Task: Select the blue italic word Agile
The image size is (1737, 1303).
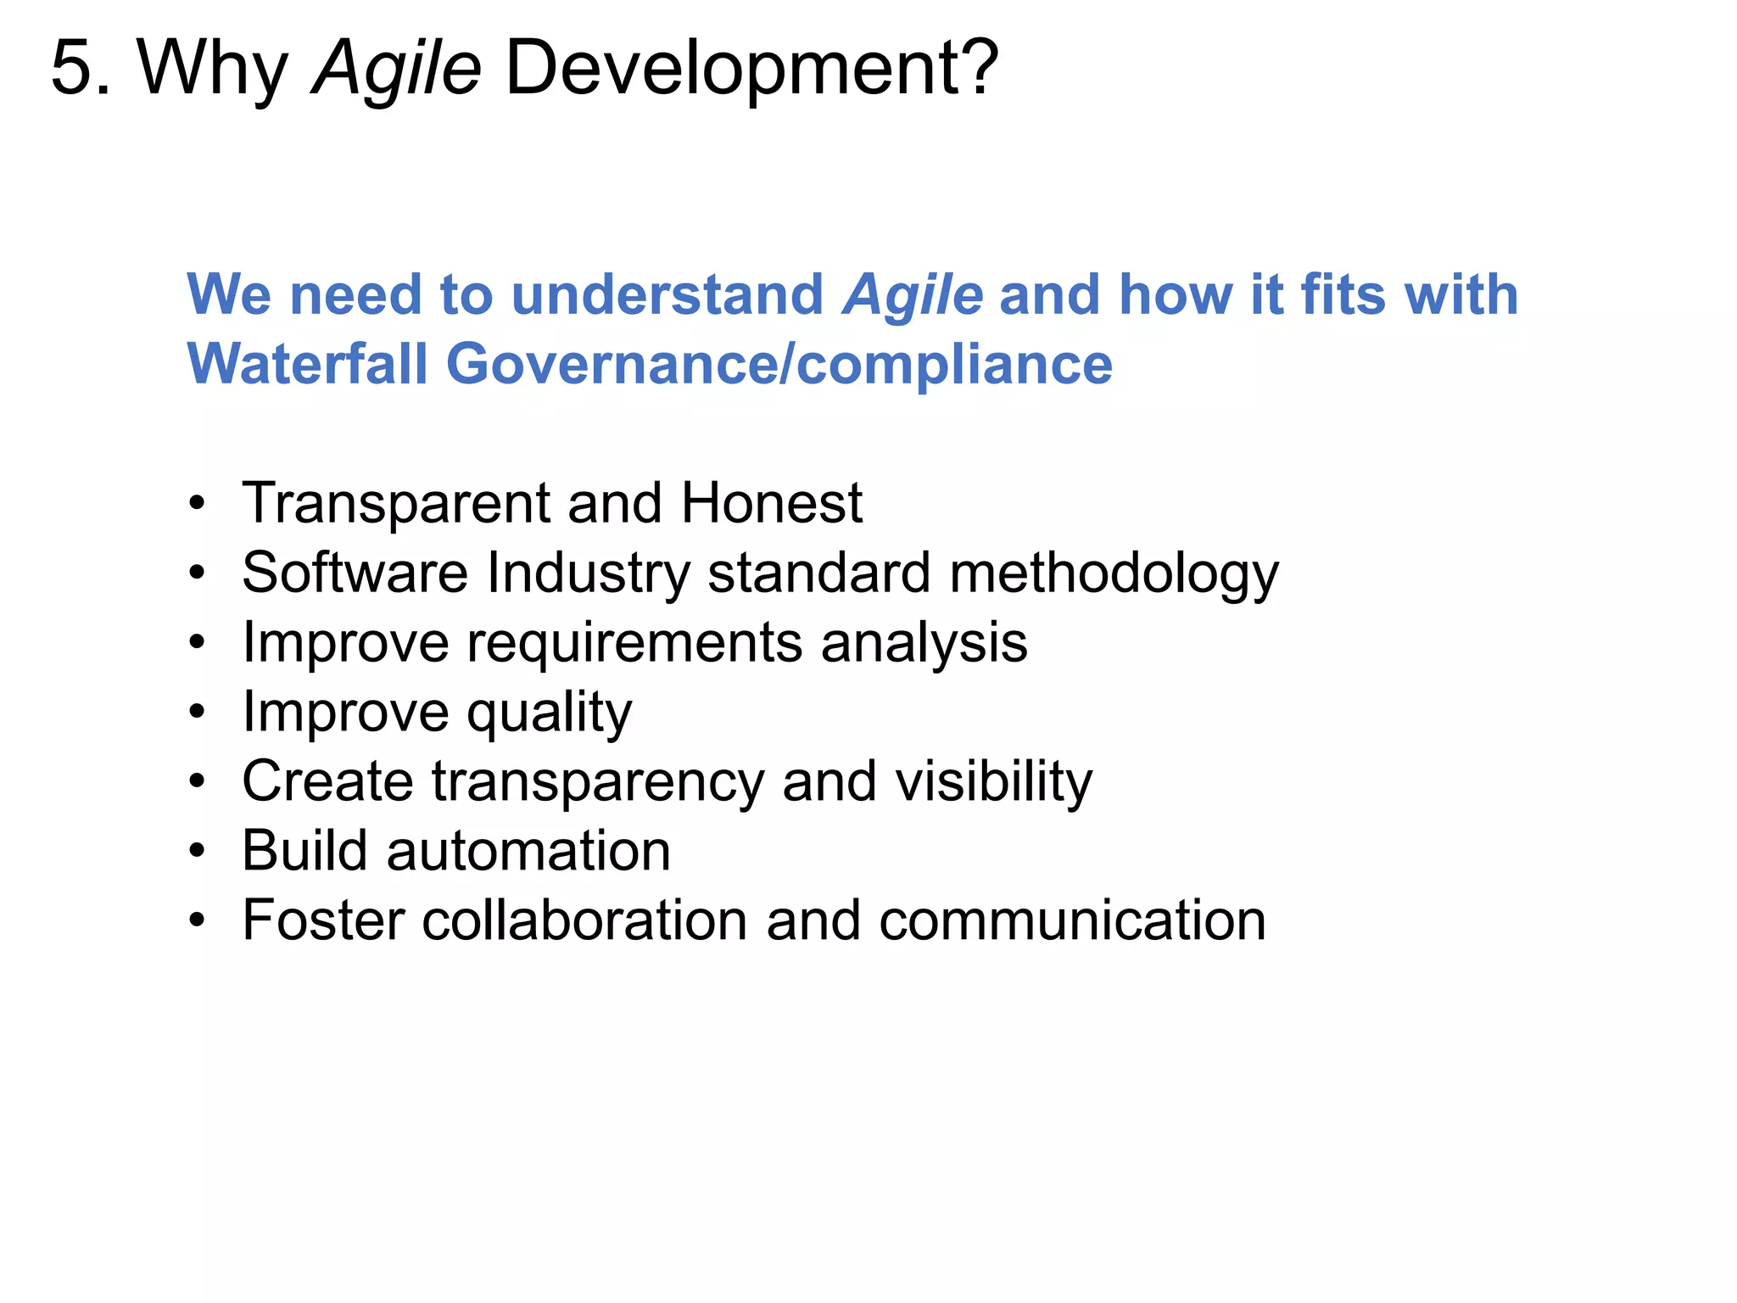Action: [913, 295]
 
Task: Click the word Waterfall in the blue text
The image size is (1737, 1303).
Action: [307, 364]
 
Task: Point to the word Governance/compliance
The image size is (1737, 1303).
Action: [779, 364]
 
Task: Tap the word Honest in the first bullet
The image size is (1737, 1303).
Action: [771, 503]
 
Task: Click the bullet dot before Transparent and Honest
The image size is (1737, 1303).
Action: [198, 504]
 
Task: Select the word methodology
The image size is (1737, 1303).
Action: [1114, 573]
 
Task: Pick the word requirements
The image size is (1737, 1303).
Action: [634, 643]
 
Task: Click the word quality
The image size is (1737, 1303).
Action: [550, 713]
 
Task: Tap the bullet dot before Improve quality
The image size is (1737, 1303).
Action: [198, 713]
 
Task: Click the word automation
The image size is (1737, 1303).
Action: [528, 851]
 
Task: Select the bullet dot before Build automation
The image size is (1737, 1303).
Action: [198, 851]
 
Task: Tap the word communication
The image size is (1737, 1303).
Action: [1072, 920]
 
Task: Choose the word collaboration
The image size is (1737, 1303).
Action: [584, 920]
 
